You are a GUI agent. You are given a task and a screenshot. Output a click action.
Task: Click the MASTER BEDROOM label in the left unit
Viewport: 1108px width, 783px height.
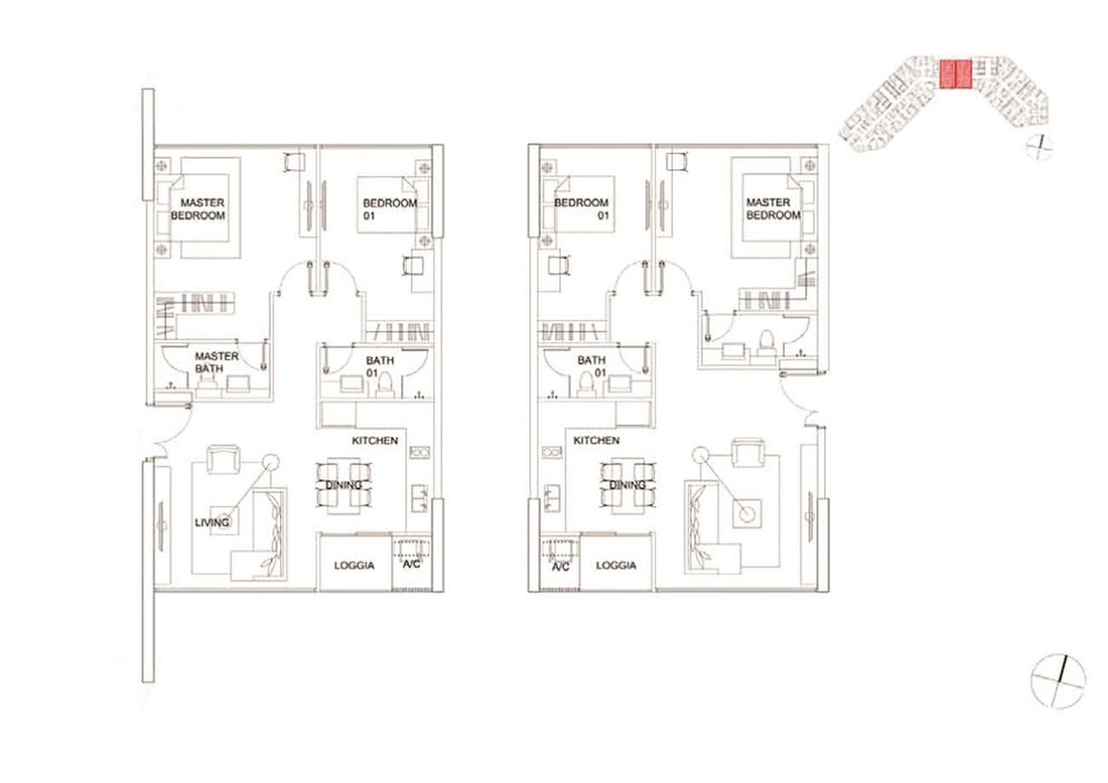[198, 209]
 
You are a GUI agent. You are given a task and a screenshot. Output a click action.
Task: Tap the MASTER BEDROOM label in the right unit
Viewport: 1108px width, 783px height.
[773, 209]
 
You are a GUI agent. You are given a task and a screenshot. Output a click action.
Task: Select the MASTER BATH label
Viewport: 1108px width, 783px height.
[216, 362]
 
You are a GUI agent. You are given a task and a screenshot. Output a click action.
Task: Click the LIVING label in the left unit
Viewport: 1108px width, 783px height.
[211, 522]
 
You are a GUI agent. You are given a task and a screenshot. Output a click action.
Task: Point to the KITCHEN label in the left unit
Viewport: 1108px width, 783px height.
[375, 440]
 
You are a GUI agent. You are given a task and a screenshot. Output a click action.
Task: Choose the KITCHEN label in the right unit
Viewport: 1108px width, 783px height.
[596, 440]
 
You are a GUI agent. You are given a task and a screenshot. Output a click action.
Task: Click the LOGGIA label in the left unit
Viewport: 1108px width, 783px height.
[355, 566]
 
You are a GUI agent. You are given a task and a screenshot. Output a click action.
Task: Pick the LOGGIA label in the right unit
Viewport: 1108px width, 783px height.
[616, 566]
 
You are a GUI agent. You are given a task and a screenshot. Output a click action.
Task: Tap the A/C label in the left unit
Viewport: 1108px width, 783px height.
[412, 564]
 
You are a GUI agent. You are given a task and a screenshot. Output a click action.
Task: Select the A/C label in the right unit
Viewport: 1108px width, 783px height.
[561, 567]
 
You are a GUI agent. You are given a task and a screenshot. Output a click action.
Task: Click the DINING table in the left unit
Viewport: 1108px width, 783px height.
[343, 485]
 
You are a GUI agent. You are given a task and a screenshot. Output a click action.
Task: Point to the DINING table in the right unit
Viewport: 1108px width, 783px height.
[627, 485]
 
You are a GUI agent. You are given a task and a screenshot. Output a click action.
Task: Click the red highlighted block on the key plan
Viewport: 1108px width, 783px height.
[955, 74]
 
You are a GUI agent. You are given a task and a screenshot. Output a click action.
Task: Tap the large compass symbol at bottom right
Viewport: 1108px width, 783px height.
[1058, 681]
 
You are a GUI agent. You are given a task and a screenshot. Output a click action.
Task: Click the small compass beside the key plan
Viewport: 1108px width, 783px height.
[1039, 147]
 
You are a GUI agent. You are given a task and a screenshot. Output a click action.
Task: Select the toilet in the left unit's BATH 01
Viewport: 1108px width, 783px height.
[384, 385]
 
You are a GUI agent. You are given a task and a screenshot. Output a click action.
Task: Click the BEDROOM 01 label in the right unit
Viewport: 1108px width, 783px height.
[581, 209]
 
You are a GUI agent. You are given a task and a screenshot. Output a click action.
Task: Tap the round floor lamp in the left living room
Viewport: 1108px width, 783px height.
[270, 463]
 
